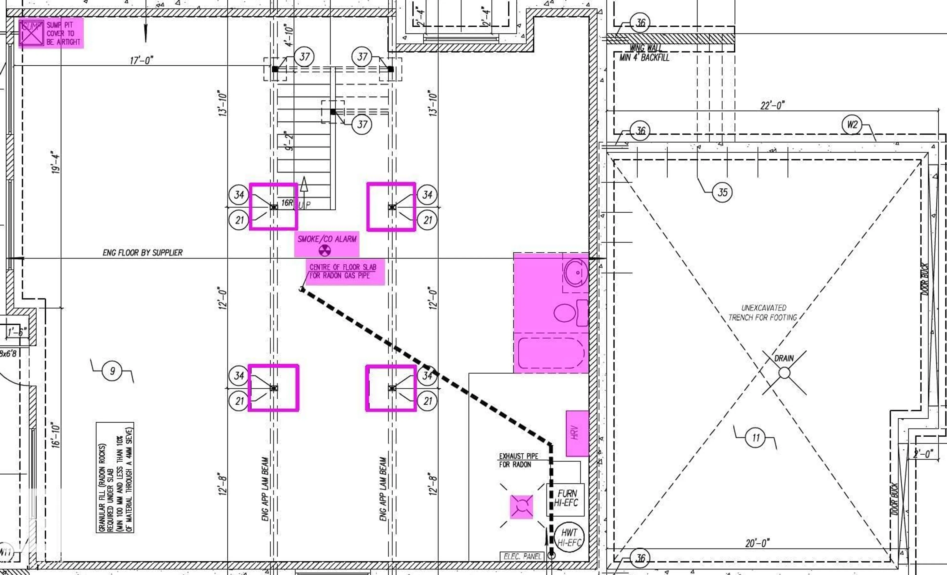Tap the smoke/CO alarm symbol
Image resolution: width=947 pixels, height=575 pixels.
[325, 251]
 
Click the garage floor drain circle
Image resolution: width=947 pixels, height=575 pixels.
[784, 373]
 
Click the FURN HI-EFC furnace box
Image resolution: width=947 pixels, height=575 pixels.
[566, 499]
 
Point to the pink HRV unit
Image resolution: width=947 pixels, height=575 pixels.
[577, 433]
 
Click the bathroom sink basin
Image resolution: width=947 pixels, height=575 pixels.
[576, 273]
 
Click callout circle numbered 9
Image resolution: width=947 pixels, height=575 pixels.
[112, 371]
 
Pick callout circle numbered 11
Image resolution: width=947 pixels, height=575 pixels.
[756, 438]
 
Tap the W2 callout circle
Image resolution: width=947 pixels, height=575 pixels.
[852, 125]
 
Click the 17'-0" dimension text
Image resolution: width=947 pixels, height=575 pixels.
[142, 61]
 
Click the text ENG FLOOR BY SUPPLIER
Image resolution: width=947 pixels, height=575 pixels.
[143, 253]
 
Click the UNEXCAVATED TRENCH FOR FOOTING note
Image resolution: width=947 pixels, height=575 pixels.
[763, 313]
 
